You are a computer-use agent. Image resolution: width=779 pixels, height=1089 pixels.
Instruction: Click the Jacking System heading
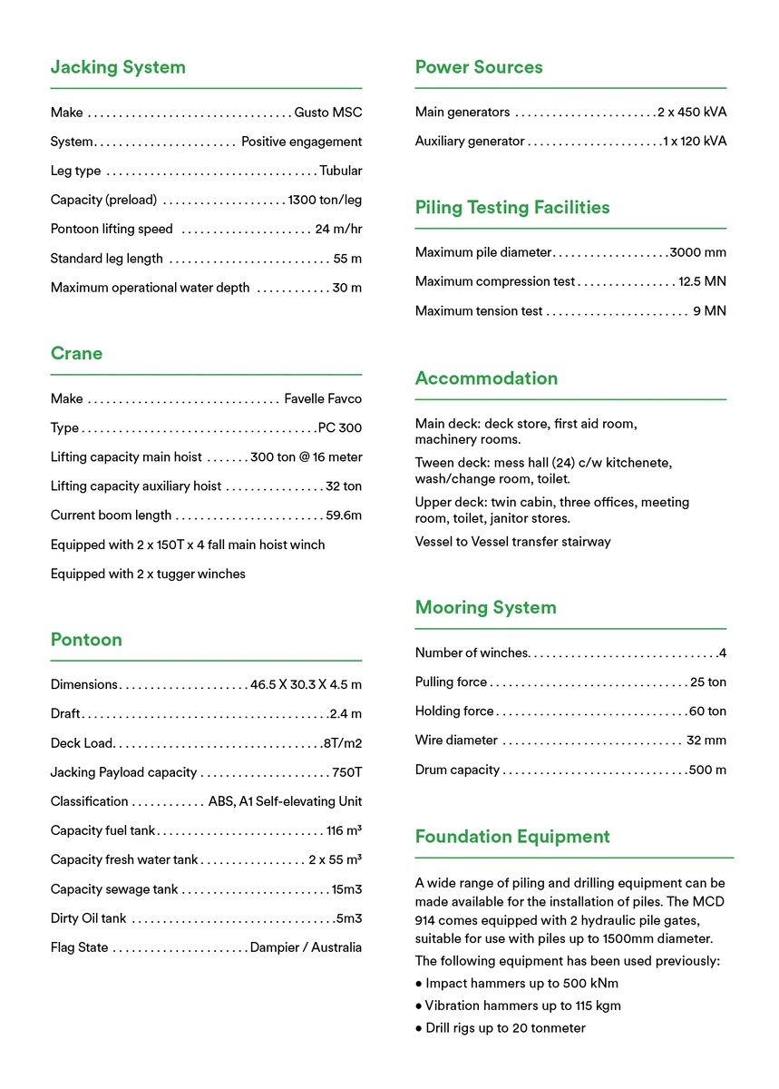pos(118,67)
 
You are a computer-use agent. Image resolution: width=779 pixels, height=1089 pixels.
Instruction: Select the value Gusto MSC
pos(327,113)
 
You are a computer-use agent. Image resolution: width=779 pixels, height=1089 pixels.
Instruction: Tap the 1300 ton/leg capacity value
pos(325,200)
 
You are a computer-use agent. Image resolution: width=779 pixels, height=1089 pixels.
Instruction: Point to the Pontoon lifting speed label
pos(112,229)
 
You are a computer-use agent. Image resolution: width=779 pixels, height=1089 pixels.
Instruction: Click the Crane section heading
pos(76,353)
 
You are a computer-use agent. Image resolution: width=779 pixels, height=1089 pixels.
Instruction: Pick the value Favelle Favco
pos(323,398)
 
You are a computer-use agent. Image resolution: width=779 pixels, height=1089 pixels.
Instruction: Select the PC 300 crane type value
pos(340,427)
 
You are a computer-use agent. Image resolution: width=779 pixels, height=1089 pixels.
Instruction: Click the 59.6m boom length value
pos(344,515)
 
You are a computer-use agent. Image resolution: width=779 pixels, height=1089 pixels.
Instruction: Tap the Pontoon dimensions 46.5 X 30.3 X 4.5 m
pos(306,684)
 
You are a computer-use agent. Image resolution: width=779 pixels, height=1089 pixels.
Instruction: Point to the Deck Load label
pos(82,743)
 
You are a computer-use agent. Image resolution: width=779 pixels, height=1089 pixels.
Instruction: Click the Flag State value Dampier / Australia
pos(306,947)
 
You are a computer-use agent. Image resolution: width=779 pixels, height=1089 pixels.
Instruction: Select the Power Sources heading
pos(479,67)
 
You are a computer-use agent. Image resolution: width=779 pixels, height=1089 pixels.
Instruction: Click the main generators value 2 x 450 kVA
pos(692,113)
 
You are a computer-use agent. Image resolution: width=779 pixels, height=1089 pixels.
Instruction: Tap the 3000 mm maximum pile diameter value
pos(698,252)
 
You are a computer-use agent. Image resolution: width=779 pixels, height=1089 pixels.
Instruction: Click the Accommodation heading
pos(486,378)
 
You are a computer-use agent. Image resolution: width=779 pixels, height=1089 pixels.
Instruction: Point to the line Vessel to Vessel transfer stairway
pos(513,542)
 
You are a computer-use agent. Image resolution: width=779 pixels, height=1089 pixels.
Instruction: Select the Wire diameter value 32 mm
pos(706,741)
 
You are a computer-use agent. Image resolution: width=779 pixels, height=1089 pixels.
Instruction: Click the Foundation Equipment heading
pos(512,837)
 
